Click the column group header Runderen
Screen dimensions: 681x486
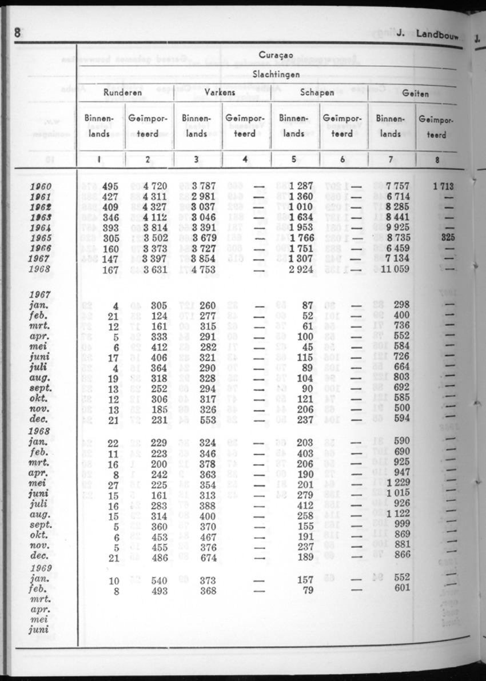tap(122, 92)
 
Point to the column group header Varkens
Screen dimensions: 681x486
tap(220, 92)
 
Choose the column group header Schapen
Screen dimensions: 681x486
tap(317, 92)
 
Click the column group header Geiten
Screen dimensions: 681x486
tap(415, 93)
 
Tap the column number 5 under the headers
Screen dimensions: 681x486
tap(293, 161)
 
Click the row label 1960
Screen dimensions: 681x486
tap(40, 186)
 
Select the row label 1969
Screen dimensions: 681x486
tap(40, 568)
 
